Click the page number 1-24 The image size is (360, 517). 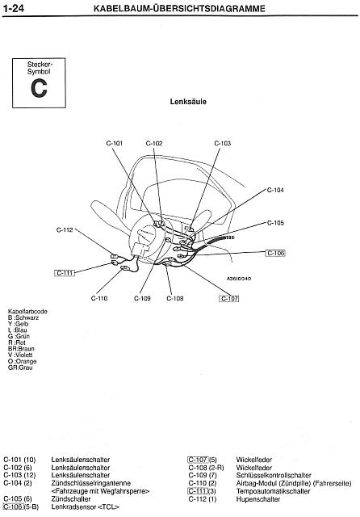pos(14,8)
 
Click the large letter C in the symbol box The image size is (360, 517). pos(39,88)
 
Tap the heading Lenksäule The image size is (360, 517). pos(188,102)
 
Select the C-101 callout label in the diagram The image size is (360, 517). pos(115,144)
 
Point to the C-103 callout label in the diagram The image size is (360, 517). pos(223,144)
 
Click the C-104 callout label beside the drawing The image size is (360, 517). pos(275,190)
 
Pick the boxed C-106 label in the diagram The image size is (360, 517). pos(275,253)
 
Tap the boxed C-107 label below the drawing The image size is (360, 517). pos(229,299)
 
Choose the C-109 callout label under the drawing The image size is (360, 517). pos(142,298)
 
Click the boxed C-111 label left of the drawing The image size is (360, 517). pos(65,273)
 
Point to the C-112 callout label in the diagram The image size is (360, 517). pos(65,229)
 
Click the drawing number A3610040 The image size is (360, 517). pos(239,279)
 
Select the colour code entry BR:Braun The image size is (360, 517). pos(21,348)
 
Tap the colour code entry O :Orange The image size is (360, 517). pos(22,361)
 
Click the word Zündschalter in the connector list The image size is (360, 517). pos(71,499)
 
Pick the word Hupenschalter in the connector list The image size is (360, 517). pos(258,499)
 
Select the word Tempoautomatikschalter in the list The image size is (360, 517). pos(273,491)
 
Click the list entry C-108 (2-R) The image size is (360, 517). pos(206,468)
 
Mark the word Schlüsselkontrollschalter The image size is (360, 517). pos(274,475)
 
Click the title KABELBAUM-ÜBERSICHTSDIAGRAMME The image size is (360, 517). pos(179,8)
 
